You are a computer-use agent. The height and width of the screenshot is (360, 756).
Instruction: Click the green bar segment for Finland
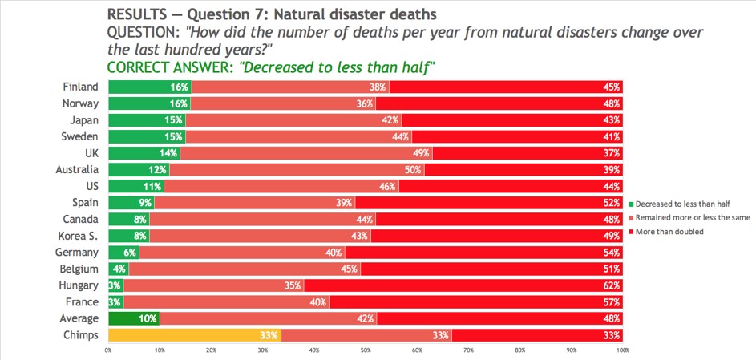148,87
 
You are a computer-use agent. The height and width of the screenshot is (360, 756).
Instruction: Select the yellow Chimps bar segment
194,335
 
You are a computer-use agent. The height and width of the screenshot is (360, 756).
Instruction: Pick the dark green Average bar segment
133,319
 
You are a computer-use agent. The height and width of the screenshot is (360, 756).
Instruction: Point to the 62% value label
612,285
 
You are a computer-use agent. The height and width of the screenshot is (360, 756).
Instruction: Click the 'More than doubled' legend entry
669,233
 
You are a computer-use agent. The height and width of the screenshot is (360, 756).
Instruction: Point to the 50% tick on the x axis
366,350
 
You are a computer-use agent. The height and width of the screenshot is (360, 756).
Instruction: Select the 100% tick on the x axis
622,350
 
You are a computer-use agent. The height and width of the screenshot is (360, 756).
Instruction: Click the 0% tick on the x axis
108,350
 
